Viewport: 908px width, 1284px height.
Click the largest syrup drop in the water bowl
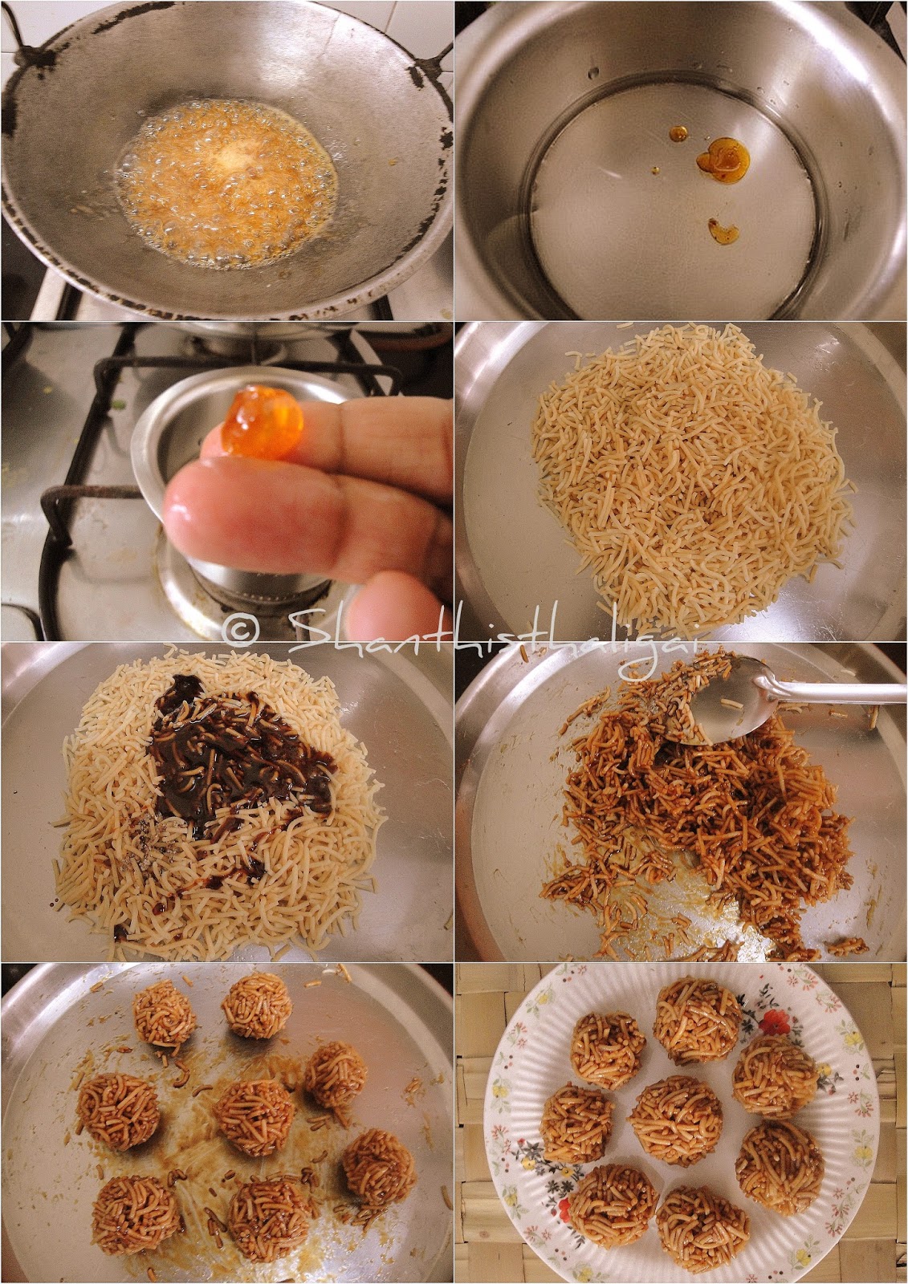point(720,157)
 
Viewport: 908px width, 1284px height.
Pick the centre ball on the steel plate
point(252,1115)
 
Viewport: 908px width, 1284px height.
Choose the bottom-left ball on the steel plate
point(124,1213)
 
